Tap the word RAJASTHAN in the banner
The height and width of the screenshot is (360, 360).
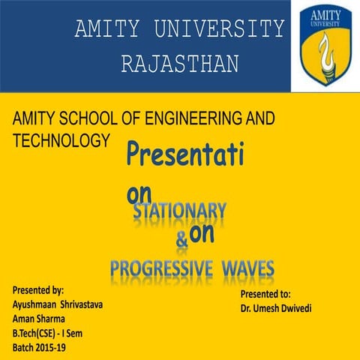pos(180,64)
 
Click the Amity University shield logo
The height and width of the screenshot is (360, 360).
pos(326,44)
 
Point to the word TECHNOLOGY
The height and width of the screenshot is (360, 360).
pos(62,139)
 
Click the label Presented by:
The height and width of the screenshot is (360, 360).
pos(38,289)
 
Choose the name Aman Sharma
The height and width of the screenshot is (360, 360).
pos(40,319)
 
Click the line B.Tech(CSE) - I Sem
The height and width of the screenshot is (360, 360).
pos(51,334)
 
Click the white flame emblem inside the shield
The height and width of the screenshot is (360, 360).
pos(326,52)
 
